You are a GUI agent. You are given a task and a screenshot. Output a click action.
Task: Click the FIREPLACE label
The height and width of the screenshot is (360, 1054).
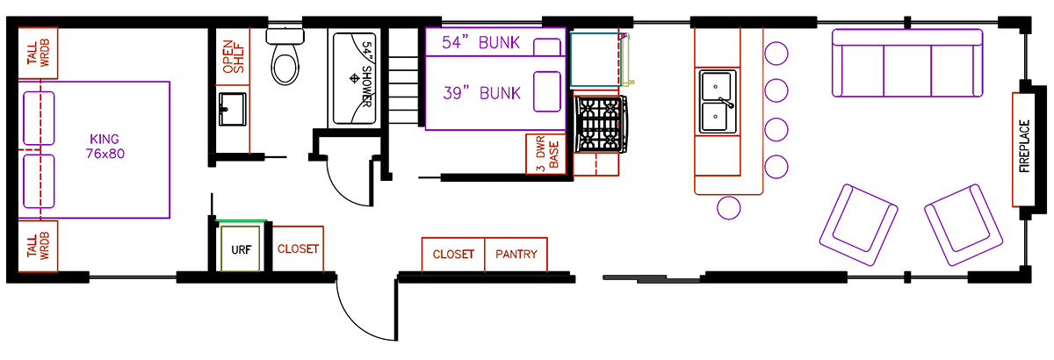1024,147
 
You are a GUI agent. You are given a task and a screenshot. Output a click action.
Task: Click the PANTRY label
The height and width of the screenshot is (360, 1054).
516,255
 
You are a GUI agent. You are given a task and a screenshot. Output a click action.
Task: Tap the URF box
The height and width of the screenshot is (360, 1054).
241,249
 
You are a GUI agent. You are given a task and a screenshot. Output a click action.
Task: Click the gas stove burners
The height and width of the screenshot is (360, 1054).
601,124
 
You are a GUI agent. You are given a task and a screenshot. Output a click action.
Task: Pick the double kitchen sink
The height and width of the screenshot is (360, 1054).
718,102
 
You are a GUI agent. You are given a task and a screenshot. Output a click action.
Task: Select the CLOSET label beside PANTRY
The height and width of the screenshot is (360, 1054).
453,255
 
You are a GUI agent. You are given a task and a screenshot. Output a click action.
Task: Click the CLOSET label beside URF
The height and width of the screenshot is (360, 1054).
299,249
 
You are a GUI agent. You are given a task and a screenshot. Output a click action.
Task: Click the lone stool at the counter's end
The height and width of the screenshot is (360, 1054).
728,207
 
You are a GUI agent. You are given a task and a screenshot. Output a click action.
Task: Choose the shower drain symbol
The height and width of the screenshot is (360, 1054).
355,78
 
